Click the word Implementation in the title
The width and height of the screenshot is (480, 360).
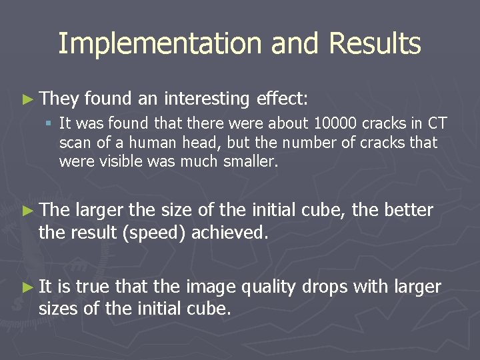pyautogui.click(x=160, y=44)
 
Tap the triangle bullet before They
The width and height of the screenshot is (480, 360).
pyautogui.click(x=26, y=99)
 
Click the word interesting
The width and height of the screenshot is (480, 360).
pyautogui.click(x=207, y=99)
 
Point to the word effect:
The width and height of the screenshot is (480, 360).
pyautogui.click(x=281, y=99)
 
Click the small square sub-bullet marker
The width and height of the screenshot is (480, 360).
pyautogui.click(x=49, y=123)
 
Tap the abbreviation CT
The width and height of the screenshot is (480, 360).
pyautogui.click(x=437, y=123)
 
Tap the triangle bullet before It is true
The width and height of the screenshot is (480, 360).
pyautogui.click(x=26, y=287)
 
